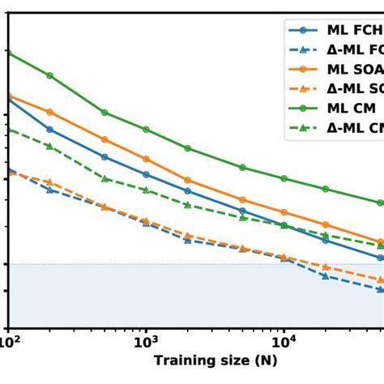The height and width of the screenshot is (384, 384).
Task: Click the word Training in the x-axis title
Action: [x=182, y=361]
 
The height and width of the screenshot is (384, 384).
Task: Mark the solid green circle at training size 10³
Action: [x=146, y=129]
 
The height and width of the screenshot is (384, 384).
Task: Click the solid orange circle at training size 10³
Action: [x=146, y=159]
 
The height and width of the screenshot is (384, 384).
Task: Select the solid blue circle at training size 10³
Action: [x=146, y=174]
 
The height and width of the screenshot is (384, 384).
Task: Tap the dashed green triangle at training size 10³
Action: [x=146, y=190]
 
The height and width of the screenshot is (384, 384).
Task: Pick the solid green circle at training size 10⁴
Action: [x=284, y=178]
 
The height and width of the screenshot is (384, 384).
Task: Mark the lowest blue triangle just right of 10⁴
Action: [x=325, y=275]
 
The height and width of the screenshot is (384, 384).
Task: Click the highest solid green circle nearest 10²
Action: [x=8, y=52]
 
